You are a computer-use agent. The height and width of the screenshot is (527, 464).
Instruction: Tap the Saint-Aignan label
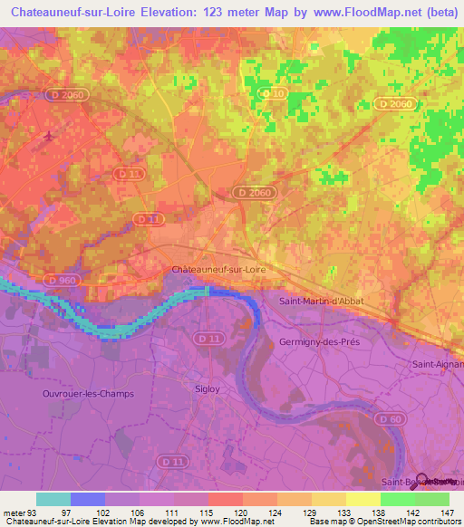coord(436,364)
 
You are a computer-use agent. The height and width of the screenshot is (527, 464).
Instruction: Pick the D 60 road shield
coord(391,419)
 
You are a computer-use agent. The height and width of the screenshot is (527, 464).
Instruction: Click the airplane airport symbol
coord(47,137)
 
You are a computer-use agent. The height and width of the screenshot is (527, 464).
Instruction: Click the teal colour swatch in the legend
coord(53,499)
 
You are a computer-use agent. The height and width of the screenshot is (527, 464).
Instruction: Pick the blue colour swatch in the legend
coord(87,499)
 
